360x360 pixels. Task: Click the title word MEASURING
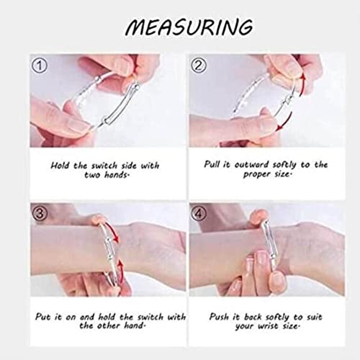point(189,27)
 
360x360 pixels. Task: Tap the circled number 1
point(40,66)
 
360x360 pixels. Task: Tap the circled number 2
point(199,66)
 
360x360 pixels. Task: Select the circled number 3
point(40,213)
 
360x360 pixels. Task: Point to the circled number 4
point(199,213)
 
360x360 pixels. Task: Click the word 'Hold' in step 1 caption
point(60,166)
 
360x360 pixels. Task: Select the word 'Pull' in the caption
point(212,164)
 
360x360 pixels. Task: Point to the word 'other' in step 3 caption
point(108,325)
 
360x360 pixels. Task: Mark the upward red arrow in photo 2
point(302,85)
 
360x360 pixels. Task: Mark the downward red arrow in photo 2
point(284,123)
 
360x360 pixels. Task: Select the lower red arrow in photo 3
point(121,271)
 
